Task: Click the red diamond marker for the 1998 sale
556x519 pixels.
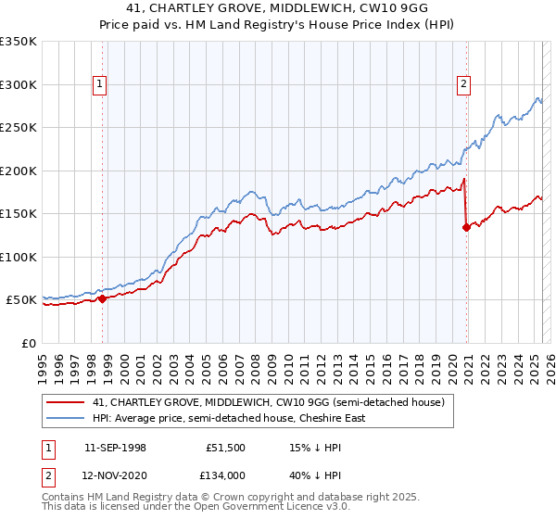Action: click(x=102, y=298)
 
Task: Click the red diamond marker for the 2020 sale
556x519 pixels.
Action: click(x=466, y=227)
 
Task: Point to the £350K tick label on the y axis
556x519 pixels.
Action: click(x=18, y=42)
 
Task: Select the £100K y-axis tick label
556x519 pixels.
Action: click(x=18, y=257)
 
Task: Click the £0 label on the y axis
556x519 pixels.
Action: click(x=28, y=343)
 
